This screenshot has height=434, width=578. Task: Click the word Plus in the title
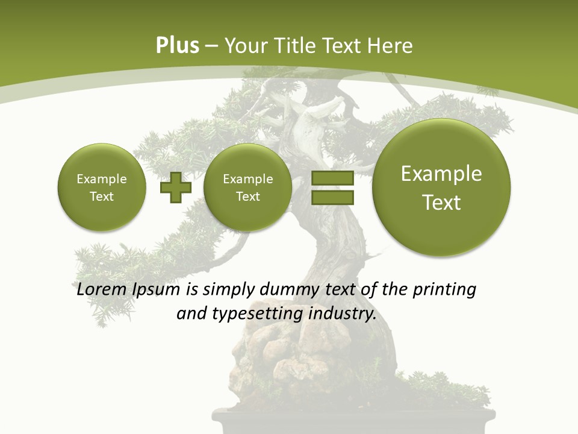point(177,46)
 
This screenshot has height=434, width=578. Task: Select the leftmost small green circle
point(102,187)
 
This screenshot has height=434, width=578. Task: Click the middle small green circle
point(247,187)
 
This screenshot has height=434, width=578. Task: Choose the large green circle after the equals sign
point(441,187)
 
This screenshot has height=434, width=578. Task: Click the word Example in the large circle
point(441,174)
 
